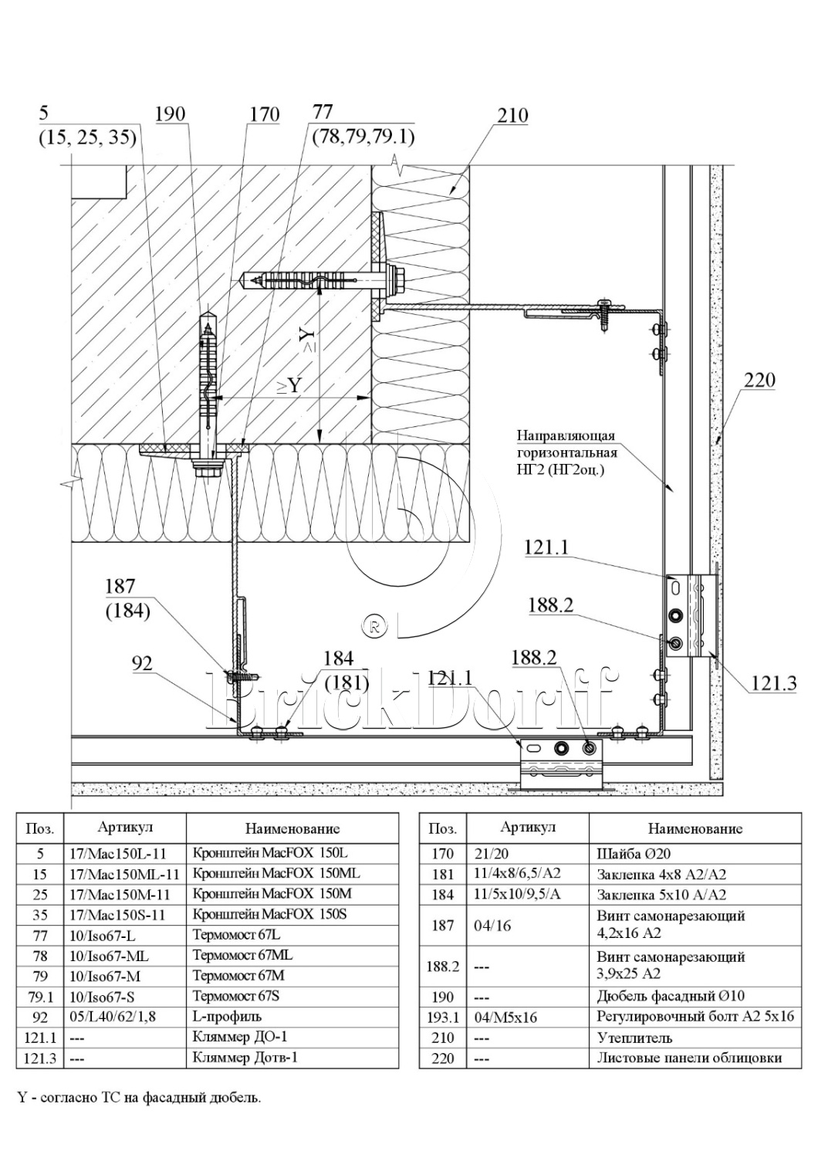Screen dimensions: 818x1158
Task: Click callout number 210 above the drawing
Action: coord(512,115)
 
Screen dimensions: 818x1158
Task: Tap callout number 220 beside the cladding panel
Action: coord(760,380)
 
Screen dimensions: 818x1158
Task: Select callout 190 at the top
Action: coord(171,113)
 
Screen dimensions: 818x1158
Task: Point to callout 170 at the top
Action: coord(265,114)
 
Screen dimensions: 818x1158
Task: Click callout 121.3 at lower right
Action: coord(773,684)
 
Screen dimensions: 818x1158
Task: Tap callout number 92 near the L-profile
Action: coord(142,663)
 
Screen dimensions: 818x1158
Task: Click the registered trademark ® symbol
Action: coord(375,627)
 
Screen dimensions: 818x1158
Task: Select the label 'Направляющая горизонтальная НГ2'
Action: coord(567,453)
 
